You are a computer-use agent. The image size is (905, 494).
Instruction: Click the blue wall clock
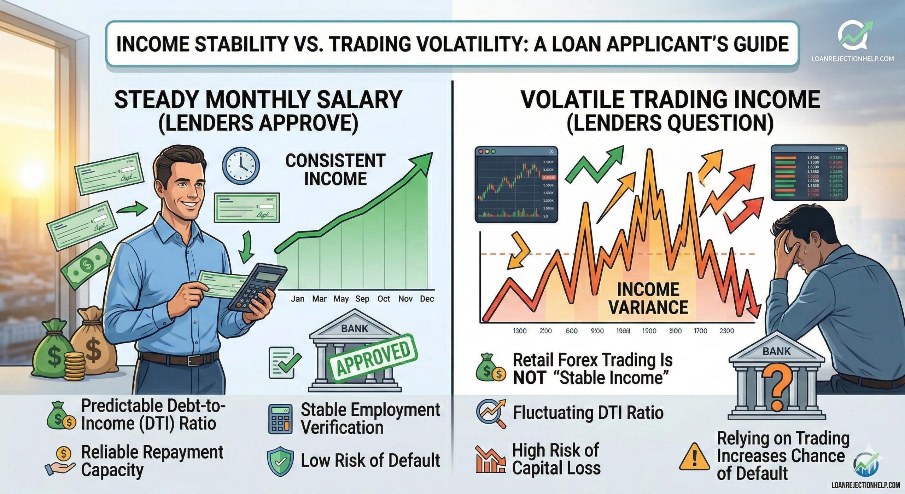241,165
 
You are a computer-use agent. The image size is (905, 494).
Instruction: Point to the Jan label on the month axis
298,299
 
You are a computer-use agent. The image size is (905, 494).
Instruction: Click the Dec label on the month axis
427,299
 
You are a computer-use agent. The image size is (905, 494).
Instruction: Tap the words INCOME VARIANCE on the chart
648,298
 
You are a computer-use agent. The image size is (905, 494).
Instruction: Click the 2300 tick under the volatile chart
726,331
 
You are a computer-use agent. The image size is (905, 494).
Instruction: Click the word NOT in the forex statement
527,378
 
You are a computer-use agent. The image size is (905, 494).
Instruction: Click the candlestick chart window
516,184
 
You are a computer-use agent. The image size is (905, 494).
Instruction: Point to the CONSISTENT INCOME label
335,170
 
